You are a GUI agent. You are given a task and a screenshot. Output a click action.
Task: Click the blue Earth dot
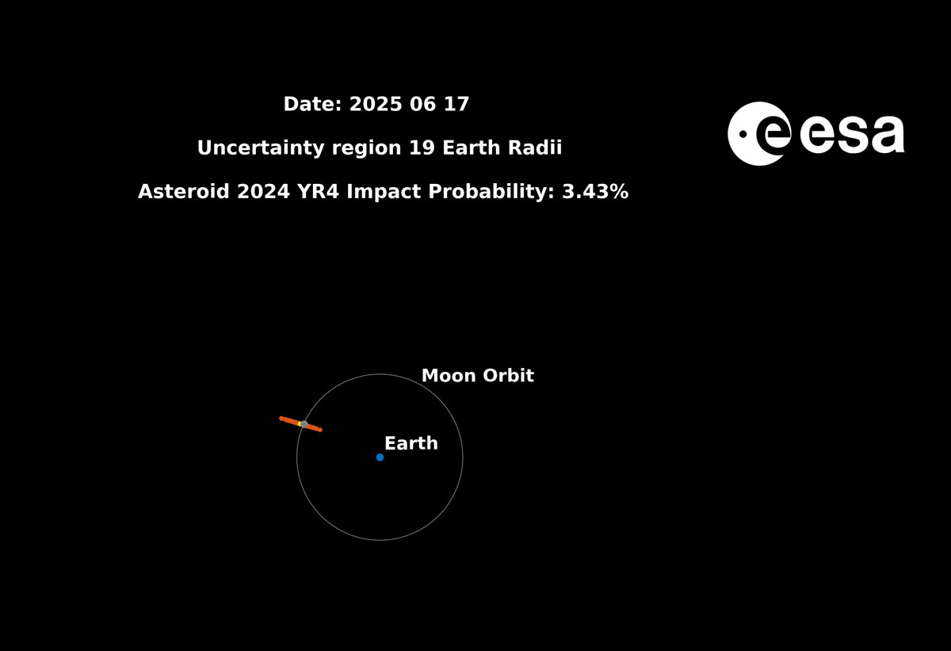tap(380, 458)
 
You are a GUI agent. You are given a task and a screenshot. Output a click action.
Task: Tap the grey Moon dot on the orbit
tap(304, 424)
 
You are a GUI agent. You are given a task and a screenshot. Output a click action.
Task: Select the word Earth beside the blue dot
tap(411, 444)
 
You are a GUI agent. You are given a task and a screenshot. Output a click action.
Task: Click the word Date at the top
tap(312, 105)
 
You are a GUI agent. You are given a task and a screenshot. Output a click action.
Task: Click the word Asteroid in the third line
tap(183, 192)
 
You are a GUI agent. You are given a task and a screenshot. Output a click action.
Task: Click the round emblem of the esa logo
tap(758, 133)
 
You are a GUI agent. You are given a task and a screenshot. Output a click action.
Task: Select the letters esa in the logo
tap(853, 135)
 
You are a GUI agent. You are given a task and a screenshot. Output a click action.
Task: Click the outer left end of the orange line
tap(282, 418)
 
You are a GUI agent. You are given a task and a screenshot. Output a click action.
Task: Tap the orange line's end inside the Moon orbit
tap(319, 430)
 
